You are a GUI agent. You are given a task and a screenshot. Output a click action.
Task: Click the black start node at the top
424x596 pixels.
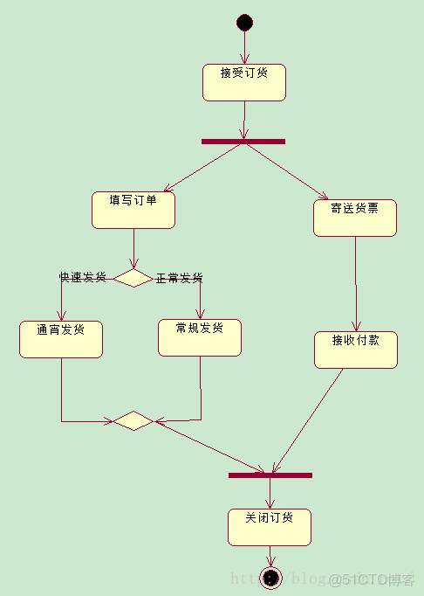(x=244, y=23)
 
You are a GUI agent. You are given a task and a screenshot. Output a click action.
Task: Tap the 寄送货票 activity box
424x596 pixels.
(x=355, y=218)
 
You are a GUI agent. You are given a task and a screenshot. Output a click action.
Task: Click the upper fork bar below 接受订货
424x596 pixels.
(x=243, y=142)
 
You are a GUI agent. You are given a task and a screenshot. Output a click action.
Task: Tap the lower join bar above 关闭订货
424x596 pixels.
(x=270, y=475)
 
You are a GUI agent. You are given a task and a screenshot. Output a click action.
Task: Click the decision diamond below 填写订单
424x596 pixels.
(x=133, y=278)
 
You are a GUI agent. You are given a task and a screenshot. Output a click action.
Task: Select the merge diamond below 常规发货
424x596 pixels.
(x=133, y=420)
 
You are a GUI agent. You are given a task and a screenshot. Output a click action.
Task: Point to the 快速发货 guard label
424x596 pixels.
(x=83, y=277)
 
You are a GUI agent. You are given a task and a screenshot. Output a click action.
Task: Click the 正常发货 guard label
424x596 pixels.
(x=180, y=278)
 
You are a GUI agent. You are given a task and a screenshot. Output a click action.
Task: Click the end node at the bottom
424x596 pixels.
(x=270, y=578)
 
